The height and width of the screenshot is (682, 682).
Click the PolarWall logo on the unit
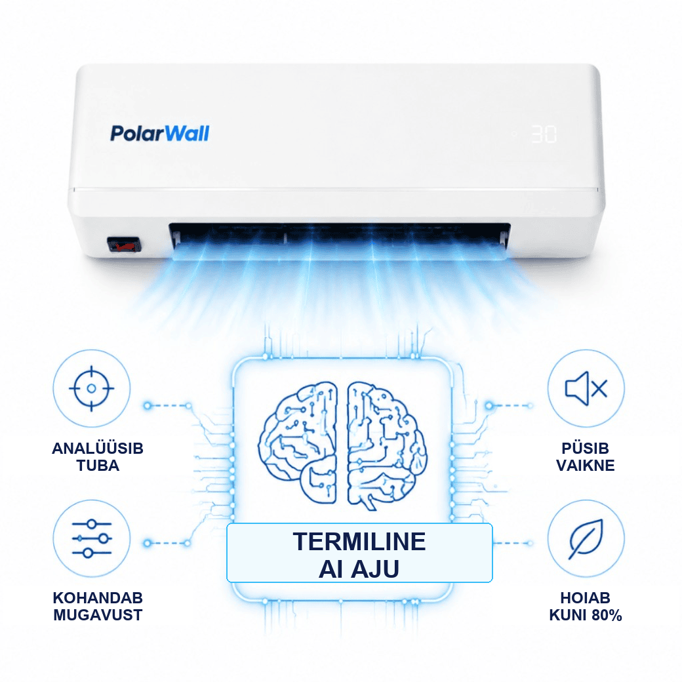pyautogui.click(x=159, y=134)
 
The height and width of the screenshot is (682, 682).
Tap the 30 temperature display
pyautogui.click(x=544, y=134)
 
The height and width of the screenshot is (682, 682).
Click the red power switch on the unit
pyautogui.click(x=125, y=245)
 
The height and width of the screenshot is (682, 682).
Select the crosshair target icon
pyautogui.click(x=91, y=388)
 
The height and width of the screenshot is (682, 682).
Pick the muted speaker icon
pyautogui.click(x=586, y=388)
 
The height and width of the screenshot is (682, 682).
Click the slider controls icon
pyautogui.click(x=92, y=538)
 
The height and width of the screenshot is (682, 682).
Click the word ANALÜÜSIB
pyautogui.click(x=98, y=449)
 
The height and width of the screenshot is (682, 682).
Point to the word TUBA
pyautogui.click(x=98, y=466)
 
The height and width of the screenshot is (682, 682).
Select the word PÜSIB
pyautogui.click(x=586, y=449)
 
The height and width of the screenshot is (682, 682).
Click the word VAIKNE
pyautogui.click(x=586, y=466)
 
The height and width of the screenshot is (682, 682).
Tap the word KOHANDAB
pyautogui.click(x=98, y=598)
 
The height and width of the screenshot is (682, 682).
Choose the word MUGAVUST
pyautogui.click(x=98, y=616)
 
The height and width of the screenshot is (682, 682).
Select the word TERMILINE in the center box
pyautogui.click(x=359, y=542)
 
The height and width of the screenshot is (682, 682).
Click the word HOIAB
pyautogui.click(x=586, y=598)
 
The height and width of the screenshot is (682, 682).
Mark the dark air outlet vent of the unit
pyautogui.click(x=340, y=235)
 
